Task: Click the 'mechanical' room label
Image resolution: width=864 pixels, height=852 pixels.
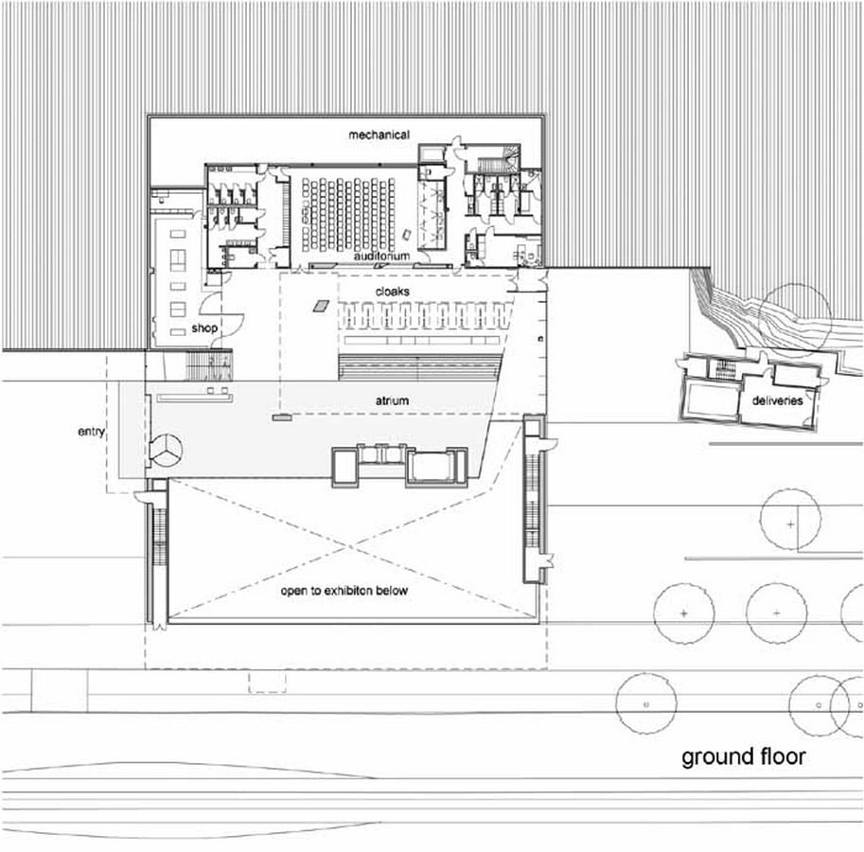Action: pos(379,134)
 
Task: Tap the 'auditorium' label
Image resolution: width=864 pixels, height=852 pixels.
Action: pos(381,257)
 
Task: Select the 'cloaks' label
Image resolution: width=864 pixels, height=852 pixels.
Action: pos(393,291)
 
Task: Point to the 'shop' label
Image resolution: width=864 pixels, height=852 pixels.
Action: pos(204,328)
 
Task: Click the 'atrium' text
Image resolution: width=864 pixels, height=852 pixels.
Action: pos(392,400)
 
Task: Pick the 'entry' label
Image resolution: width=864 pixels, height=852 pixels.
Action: pos(91,432)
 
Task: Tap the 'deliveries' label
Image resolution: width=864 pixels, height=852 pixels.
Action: pos(777,400)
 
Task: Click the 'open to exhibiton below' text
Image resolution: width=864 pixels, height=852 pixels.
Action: pos(344,591)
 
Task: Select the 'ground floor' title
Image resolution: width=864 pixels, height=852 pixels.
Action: pos(743,757)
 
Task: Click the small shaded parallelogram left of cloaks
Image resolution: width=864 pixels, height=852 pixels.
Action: pos(321,306)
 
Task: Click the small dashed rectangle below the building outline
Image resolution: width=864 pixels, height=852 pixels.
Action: pos(267,682)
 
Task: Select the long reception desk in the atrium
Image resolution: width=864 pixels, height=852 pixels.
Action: pos(195,398)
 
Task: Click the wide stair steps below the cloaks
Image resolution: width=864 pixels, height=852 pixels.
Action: pos(420,367)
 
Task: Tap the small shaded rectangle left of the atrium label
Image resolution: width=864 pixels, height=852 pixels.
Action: pos(282,417)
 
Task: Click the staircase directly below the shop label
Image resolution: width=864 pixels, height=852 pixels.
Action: pos(209,364)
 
